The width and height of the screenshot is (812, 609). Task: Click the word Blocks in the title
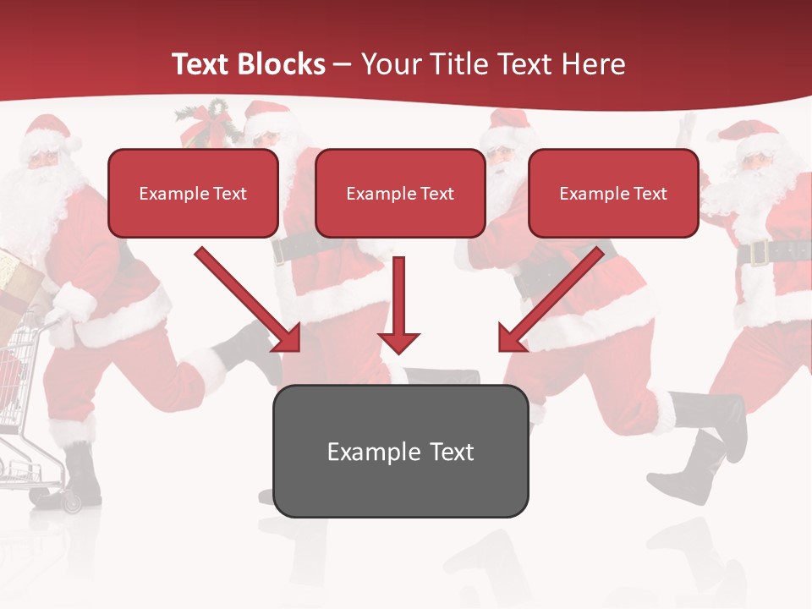click(x=283, y=64)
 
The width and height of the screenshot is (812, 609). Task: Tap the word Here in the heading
click(x=594, y=64)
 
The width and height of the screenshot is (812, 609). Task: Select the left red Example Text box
click(x=193, y=193)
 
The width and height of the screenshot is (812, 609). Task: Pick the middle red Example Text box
click(x=400, y=193)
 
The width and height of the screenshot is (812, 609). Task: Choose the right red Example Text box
click(x=613, y=193)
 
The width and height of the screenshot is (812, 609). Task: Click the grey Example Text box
click(x=400, y=451)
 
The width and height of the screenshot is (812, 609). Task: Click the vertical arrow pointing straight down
click(x=398, y=304)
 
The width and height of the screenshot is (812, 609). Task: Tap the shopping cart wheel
click(x=71, y=505)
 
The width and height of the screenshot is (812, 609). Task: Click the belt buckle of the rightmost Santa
click(x=758, y=252)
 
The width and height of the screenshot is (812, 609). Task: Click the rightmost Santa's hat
click(x=749, y=135)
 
